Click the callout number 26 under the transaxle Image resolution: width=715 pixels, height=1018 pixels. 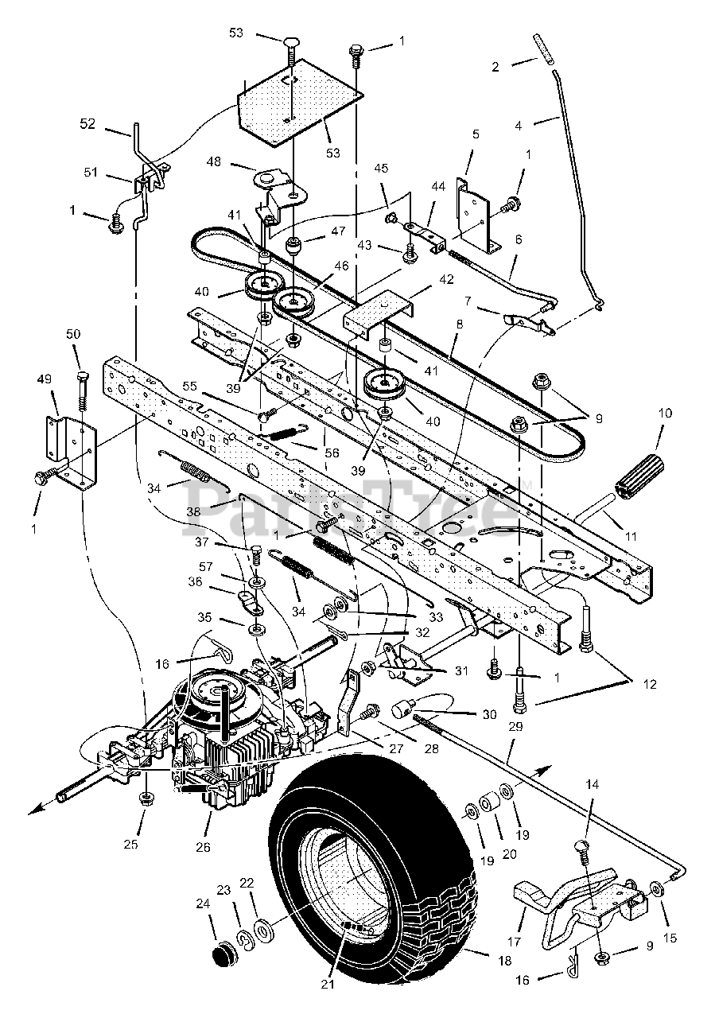click(204, 848)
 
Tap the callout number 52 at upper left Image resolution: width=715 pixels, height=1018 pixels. click(87, 123)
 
